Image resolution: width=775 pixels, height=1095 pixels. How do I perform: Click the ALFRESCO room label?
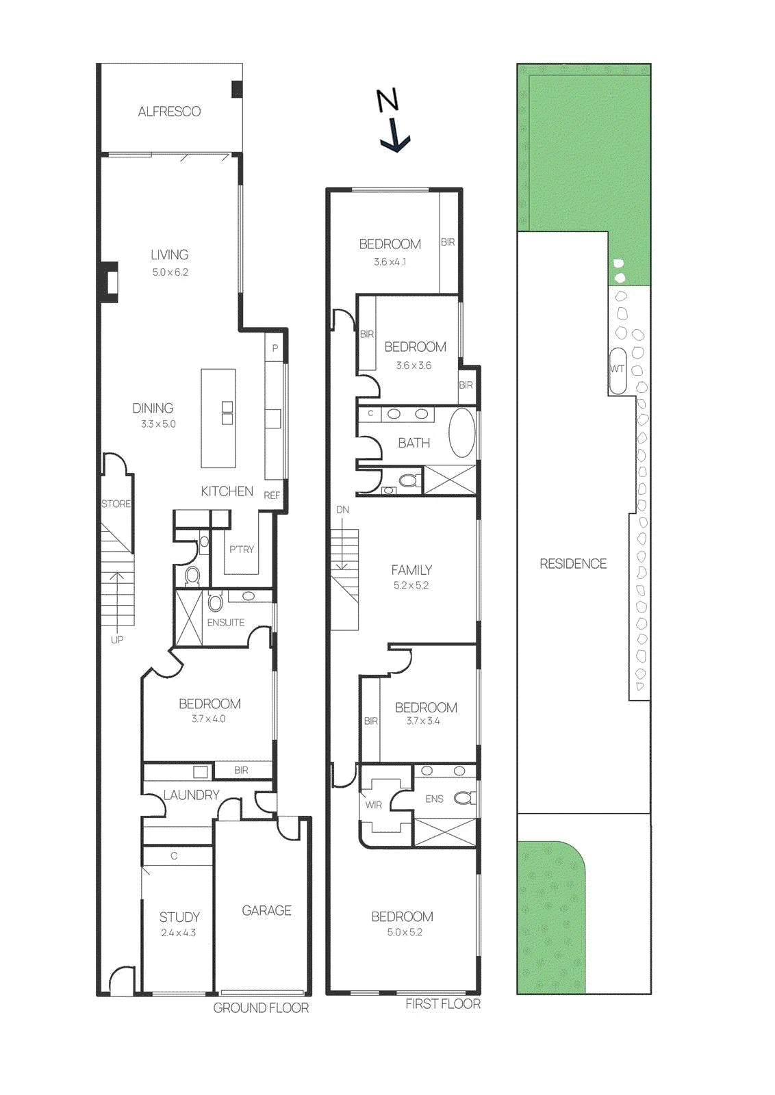[x=169, y=112]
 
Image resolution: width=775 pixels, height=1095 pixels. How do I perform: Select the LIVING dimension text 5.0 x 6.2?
[x=170, y=272]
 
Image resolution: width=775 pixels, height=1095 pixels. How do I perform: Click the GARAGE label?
[x=266, y=910]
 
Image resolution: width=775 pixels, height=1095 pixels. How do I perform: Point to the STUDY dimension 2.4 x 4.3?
[x=179, y=932]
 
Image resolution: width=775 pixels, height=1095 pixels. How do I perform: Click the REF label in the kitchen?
[x=272, y=495]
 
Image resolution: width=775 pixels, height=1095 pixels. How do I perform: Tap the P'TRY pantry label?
[x=242, y=549]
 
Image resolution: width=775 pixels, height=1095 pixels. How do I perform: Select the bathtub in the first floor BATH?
[x=461, y=433]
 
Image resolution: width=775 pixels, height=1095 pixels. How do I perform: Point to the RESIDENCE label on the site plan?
[x=573, y=564]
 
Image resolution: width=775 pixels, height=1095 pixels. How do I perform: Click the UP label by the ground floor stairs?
[x=117, y=639]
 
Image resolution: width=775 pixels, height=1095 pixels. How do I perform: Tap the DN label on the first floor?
[x=343, y=509]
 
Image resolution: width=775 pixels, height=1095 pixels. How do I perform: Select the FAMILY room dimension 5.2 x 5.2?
[x=411, y=585]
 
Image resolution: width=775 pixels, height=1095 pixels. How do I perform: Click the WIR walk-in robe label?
[x=374, y=805]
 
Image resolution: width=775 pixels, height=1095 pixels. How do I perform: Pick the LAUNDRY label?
[x=191, y=795]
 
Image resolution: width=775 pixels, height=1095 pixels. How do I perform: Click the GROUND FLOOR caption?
[x=261, y=1008]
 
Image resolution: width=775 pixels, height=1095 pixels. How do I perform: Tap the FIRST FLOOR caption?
[x=443, y=1004]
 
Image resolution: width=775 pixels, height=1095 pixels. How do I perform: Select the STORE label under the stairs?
[x=116, y=504]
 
